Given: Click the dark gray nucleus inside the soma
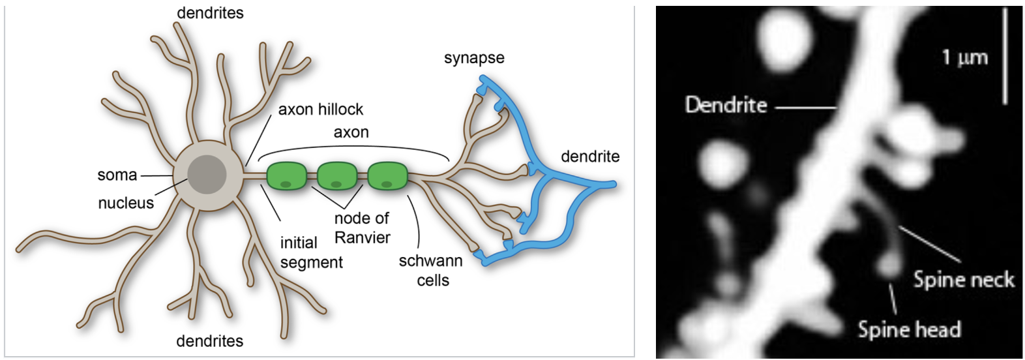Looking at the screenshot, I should pos(207,175).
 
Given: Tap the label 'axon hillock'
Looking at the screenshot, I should pos(320,110).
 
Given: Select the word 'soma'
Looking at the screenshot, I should pos(117,175).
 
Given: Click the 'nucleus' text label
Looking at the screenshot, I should pos(126,203).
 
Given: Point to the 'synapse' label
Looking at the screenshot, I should pos(474,58).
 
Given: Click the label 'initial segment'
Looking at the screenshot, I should pos(310,252).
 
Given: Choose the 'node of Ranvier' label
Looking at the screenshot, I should pos(362,228).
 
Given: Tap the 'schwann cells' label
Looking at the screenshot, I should pos(431,270).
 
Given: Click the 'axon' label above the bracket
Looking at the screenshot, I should pos(351,132).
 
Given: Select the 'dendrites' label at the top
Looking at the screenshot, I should pos(210,13).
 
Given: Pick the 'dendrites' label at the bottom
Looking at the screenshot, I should pos(209,341).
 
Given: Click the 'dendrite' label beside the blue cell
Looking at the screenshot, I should pos(590,157).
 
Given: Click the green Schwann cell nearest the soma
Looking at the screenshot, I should pos(286,176).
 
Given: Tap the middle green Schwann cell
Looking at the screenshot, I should pos(337,176).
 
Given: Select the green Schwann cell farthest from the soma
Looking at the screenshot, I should pos(387,176).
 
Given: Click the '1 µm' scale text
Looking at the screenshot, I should pos(964,57).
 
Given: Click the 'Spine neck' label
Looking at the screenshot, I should pos(963,280).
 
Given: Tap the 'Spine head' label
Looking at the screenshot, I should pos(909,329).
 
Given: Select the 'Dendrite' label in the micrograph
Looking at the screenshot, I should pos(726,105).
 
